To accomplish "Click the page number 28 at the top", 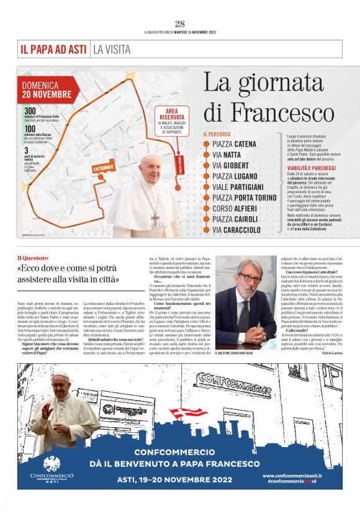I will (180, 24).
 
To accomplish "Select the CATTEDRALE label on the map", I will (86, 168).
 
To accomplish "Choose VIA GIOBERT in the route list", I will (229, 165).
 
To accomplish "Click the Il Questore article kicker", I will (32, 256).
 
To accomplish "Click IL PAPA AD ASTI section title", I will (53, 48).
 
